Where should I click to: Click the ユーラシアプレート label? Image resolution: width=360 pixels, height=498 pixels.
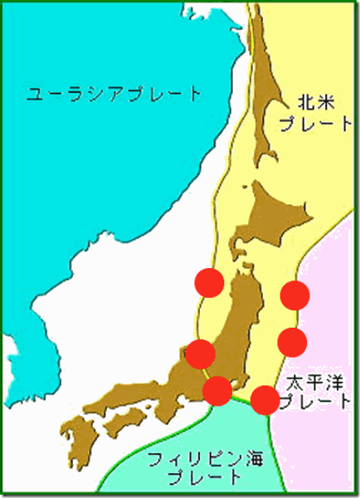114,92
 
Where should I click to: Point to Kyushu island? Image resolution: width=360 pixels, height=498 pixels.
85,441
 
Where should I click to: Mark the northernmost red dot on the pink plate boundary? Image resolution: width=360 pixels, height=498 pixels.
294,294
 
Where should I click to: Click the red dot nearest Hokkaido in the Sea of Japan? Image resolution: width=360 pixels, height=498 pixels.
209,283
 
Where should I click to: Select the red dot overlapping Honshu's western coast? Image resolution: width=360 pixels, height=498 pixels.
201,354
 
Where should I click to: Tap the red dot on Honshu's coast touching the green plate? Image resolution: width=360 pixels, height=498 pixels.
217,389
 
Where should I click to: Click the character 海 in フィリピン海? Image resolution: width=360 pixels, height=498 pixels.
241,459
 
